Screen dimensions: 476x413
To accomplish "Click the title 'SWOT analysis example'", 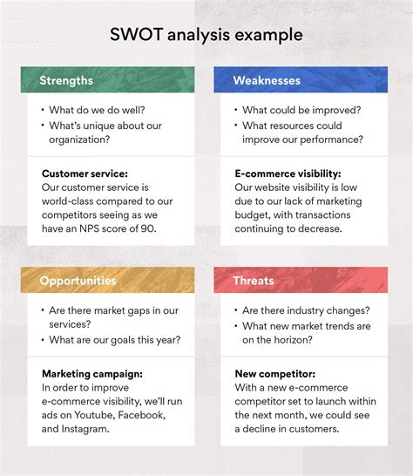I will point(206,35).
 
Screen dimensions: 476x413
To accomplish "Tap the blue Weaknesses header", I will point(267,80).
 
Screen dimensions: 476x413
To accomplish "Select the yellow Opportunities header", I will point(77,281).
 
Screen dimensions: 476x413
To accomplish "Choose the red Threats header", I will point(254,281).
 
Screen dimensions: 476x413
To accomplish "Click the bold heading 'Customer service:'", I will point(85,173).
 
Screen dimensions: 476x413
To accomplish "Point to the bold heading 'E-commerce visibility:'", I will point(288,173).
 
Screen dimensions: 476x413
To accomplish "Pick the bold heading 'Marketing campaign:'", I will point(93,374).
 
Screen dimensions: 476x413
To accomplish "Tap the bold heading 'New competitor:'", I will point(274,374).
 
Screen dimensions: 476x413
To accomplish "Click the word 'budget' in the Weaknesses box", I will point(254,215).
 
